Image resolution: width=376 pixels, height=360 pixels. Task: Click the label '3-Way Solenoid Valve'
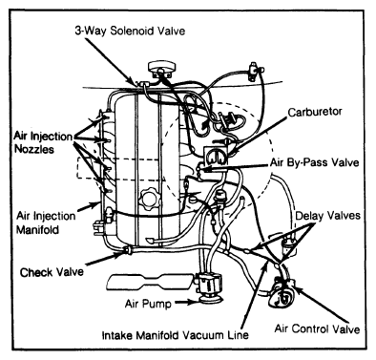(x=130, y=32)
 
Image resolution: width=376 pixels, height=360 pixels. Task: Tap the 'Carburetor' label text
(x=315, y=112)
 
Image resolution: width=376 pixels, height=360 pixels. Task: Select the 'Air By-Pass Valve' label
(x=314, y=162)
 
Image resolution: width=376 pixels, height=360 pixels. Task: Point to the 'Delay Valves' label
(x=327, y=216)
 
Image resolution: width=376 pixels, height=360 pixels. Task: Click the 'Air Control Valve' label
(x=317, y=328)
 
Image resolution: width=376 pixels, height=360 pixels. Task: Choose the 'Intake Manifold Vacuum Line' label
(x=175, y=335)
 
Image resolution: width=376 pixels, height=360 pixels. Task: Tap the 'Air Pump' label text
(x=148, y=304)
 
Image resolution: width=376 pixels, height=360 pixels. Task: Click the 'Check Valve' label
(x=52, y=272)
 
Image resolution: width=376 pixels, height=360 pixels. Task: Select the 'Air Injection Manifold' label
(x=46, y=222)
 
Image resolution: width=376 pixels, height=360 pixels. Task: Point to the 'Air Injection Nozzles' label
(x=43, y=142)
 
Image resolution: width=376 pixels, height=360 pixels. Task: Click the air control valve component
(x=281, y=292)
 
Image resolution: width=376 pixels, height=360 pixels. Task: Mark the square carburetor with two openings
(x=216, y=157)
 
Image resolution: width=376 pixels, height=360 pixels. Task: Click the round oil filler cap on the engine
(x=150, y=199)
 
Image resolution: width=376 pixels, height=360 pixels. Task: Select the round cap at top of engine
(x=161, y=68)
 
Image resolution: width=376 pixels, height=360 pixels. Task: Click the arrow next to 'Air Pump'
(x=187, y=302)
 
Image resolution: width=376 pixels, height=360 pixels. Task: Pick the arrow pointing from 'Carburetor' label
(x=259, y=135)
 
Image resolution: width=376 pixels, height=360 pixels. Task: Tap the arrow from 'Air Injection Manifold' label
(x=88, y=207)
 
